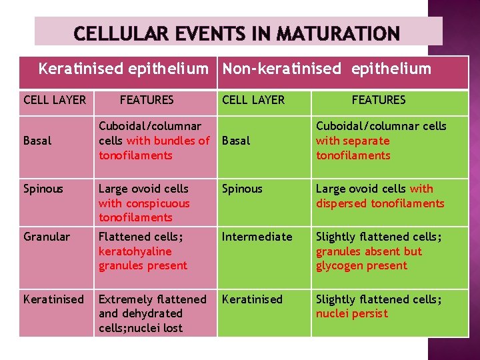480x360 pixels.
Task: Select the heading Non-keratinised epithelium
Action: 327,69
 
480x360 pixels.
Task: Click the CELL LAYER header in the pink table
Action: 55,100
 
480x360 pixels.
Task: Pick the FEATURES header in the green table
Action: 378,99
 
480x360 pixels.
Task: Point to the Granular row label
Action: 47,237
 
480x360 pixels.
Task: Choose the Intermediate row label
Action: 257,237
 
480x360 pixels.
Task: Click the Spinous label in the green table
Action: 243,189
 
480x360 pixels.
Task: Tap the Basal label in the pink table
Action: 37,141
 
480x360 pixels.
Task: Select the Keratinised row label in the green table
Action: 252,299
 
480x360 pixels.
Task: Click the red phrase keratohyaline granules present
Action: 142,259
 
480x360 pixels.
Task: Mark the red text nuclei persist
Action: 351,313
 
